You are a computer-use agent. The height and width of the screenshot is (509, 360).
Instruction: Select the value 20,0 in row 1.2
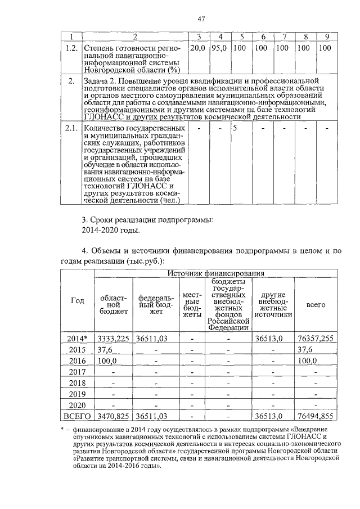click(x=197, y=48)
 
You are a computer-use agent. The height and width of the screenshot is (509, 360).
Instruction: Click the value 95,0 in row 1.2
click(x=219, y=48)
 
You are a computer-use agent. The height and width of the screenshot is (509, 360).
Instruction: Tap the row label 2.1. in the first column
click(x=70, y=128)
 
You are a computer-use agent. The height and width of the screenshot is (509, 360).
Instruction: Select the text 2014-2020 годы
click(x=110, y=230)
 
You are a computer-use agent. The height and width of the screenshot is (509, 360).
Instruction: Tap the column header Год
click(x=77, y=300)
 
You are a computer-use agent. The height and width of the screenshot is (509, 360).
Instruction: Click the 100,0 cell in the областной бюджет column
click(x=107, y=361)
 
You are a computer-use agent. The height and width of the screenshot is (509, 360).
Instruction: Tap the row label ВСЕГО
click(x=77, y=416)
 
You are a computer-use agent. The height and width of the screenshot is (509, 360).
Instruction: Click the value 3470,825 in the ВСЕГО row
click(x=113, y=416)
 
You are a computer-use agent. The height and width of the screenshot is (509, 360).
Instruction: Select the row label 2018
click(x=77, y=382)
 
